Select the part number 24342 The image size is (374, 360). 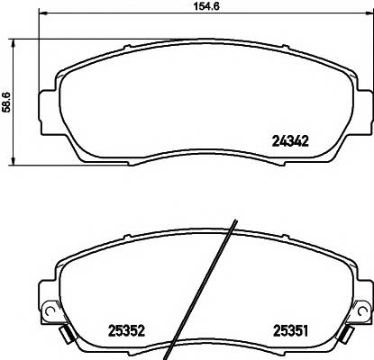(x=291, y=140)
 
